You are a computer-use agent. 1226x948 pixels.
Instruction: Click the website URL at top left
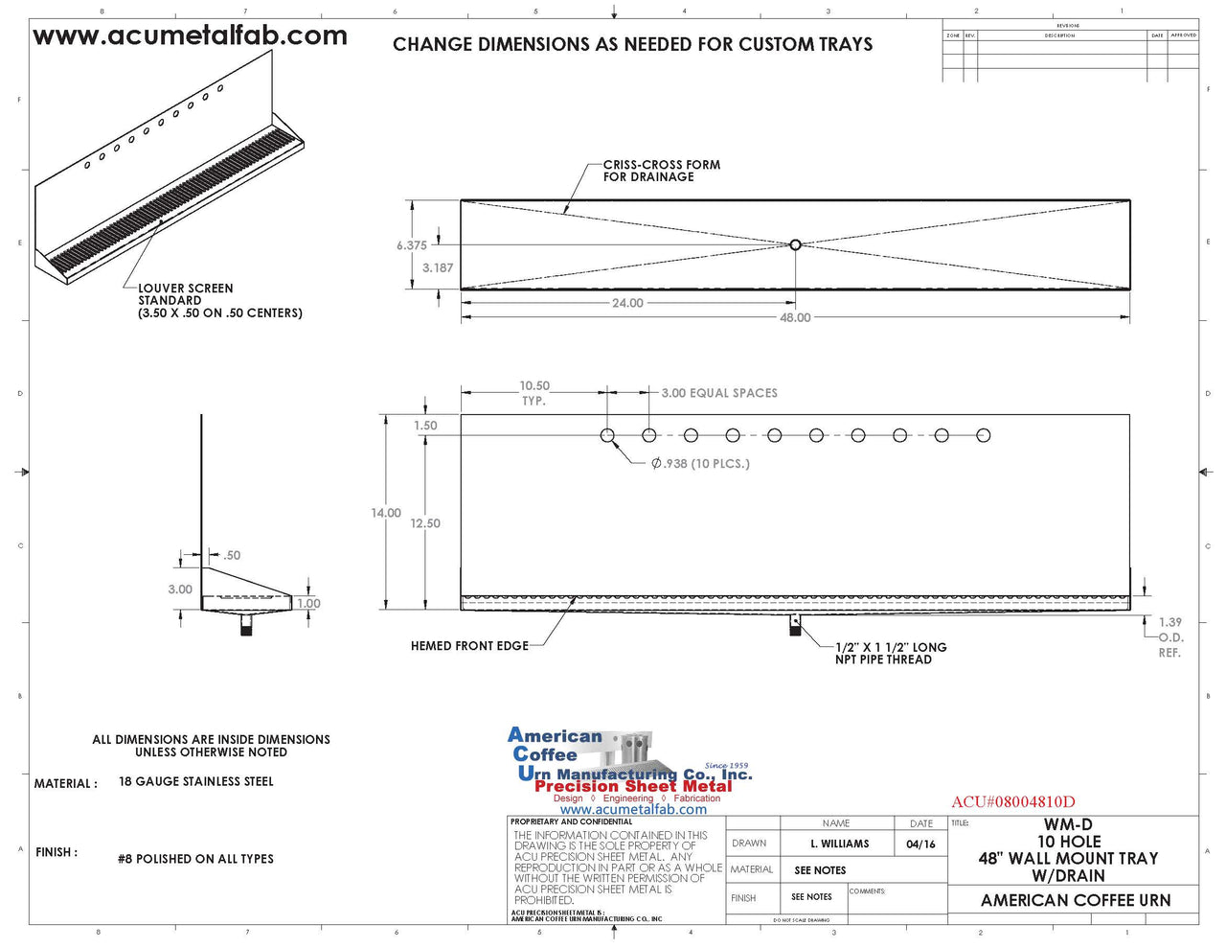[190, 36]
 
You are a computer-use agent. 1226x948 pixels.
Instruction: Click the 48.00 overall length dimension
[795, 317]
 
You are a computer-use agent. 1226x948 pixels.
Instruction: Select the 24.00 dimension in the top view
[627, 303]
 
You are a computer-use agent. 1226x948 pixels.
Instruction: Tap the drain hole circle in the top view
[795, 245]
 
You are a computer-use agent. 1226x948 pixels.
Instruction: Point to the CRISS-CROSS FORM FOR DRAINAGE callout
[661, 171]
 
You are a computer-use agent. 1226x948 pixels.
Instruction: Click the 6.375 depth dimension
[412, 245]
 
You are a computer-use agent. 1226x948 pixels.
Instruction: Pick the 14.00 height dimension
[386, 513]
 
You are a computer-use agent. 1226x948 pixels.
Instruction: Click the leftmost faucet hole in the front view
[607, 435]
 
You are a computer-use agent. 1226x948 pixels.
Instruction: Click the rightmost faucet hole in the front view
[984, 435]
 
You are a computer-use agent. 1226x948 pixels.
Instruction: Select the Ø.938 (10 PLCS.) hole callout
[700, 464]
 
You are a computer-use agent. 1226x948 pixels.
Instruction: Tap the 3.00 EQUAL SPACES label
[719, 393]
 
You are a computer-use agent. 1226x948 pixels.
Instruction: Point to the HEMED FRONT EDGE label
[469, 646]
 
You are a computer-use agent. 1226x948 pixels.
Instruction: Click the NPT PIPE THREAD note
[890, 653]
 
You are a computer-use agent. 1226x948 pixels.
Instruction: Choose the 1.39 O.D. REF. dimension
[1169, 637]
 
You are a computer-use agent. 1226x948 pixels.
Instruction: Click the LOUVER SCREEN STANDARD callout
[219, 300]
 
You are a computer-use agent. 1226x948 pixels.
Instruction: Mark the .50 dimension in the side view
[232, 555]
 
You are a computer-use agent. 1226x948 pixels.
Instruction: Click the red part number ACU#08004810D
[1013, 801]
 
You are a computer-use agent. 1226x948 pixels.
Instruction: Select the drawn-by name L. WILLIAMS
[839, 844]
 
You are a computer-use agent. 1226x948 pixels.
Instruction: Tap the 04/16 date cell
[920, 844]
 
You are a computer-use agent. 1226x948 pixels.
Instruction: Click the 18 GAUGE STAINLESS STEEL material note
[195, 781]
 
